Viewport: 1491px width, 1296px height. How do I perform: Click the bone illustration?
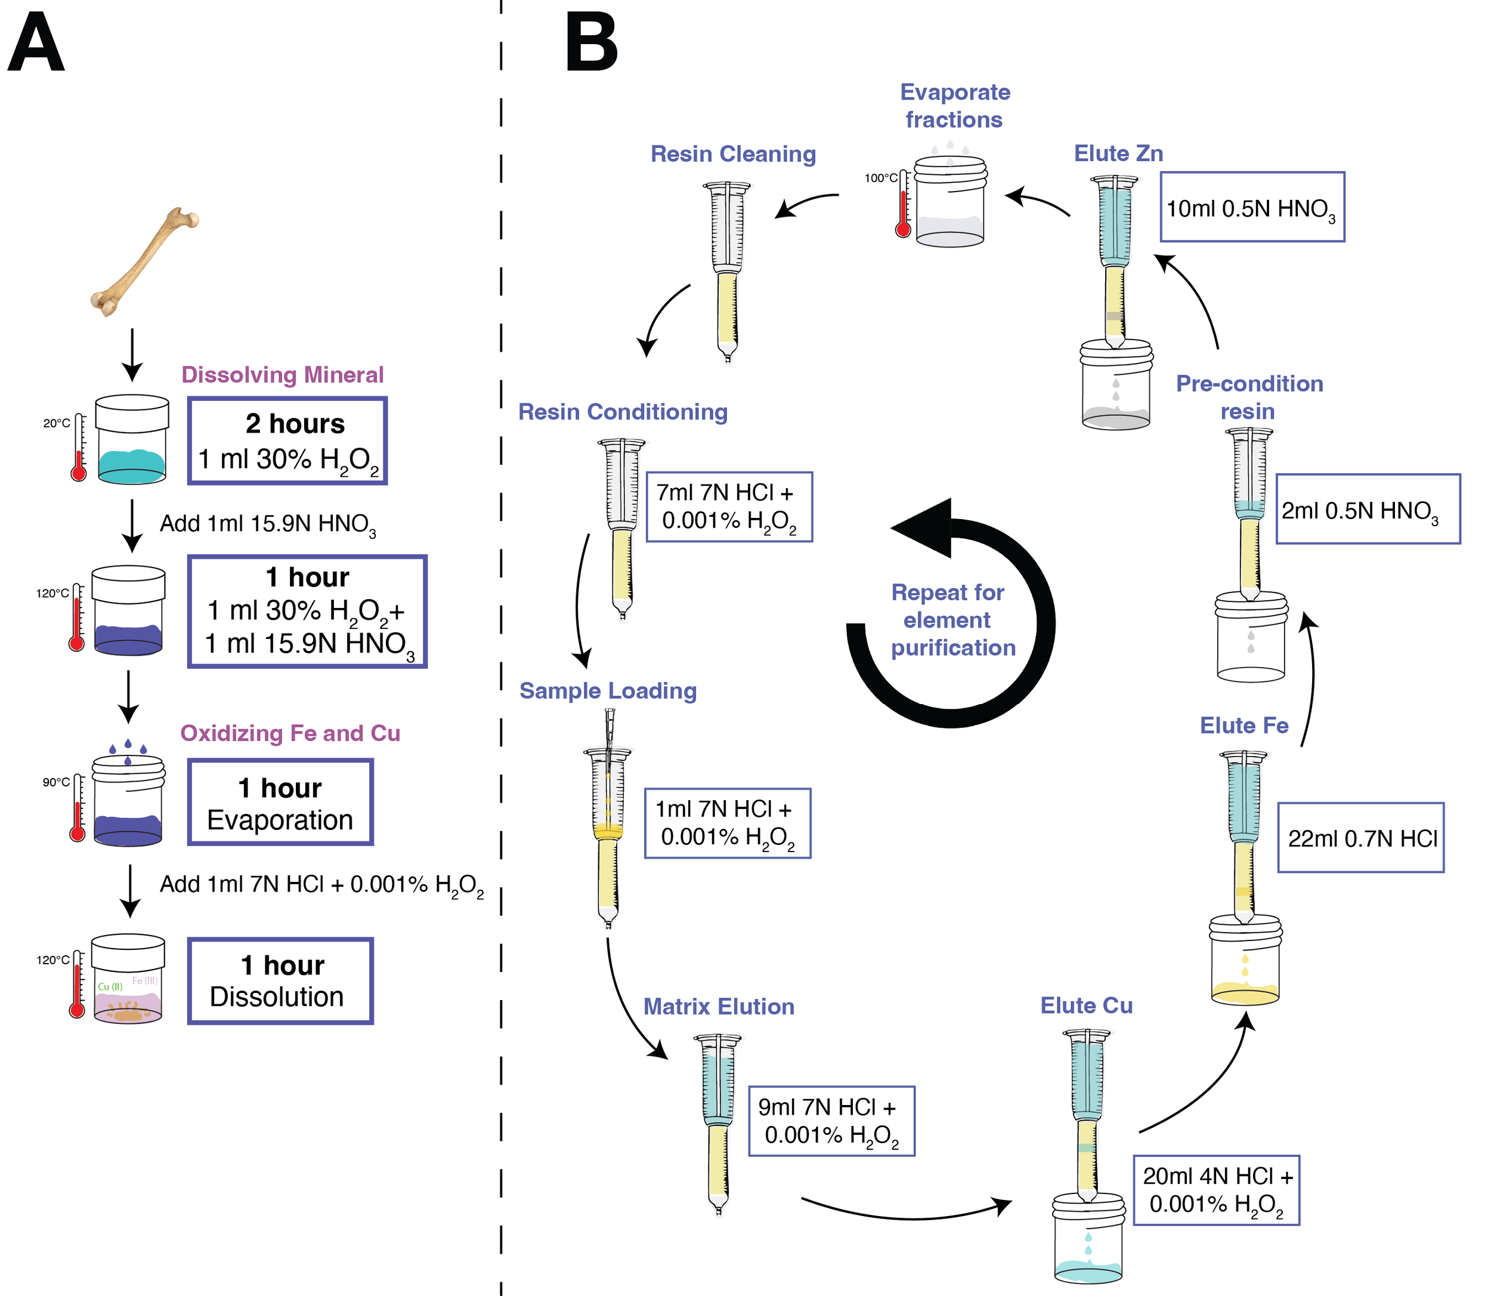[144, 261]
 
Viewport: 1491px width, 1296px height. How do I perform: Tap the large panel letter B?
[590, 45]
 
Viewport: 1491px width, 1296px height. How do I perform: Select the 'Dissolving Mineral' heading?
[282, 375]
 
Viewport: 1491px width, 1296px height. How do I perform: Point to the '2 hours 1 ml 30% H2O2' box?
[287, 440]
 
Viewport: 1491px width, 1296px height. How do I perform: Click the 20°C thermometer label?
[57, 423]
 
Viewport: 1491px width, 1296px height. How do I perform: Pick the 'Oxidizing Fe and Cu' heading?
[290, 733]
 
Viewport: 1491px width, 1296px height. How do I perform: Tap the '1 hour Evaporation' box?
[280, 802]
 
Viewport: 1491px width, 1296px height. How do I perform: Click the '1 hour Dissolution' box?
[280, 981]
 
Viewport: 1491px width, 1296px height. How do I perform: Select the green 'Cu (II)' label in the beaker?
[110, 986]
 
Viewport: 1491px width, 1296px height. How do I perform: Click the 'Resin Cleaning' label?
[733, 154]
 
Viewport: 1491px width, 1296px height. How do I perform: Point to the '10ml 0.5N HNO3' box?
[1252, 208]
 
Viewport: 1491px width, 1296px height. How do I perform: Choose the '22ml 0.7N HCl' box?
[1360, 838]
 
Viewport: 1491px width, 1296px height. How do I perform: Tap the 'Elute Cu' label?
[1085, 1005]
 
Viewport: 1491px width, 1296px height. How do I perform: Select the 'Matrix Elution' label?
[719, 1007]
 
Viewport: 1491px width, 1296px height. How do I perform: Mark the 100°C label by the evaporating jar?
[880, 178]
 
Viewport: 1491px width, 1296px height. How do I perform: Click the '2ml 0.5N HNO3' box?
[1368, 509]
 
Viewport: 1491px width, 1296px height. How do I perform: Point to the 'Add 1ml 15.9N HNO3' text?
[267, 524]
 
